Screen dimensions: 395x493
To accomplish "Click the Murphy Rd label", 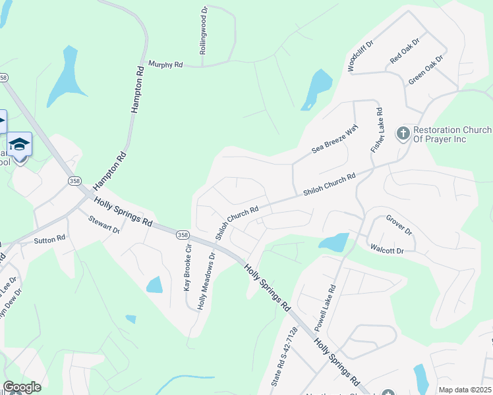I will (165, 65).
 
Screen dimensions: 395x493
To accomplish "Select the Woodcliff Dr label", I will (360, 55).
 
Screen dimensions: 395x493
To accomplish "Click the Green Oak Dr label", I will (426, 69).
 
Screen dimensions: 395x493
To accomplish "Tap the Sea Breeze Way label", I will (334, 140).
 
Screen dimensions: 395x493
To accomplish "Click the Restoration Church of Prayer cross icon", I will (402, 134).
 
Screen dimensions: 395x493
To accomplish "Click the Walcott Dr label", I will (386, 250).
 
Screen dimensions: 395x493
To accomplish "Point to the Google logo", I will (22, 387).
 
